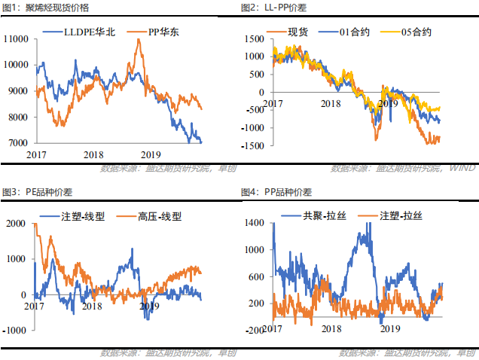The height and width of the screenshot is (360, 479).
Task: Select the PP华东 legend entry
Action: click(x=161, y=33)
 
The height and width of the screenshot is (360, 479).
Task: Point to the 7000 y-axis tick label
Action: click(x=17, y=142)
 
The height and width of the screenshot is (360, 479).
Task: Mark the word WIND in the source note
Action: click(x=462, y=168)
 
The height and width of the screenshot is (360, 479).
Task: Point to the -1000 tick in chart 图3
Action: click(x=16, y=331)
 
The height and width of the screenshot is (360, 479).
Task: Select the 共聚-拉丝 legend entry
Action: click(x=322, y=216)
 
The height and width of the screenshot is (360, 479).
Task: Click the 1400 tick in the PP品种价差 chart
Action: click(x=255, y=223)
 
